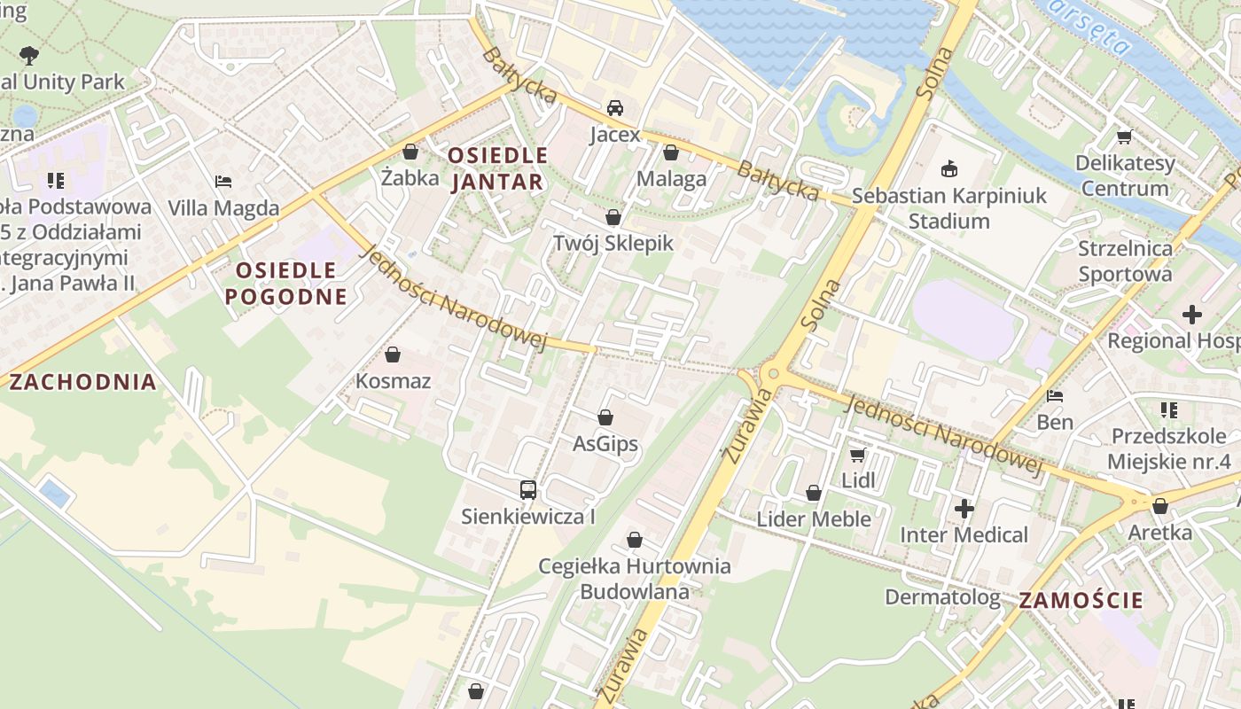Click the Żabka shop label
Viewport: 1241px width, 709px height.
coord(410,177)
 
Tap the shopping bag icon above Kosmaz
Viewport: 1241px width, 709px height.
coord(393,355)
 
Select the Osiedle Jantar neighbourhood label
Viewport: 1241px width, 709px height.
coord(497,169)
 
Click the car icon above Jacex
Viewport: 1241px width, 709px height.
coord(614,108)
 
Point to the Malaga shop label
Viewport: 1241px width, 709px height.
coord(671,179)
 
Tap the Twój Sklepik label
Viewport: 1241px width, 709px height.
coord(613,243)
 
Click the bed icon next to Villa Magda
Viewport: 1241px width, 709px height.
coord(223,182)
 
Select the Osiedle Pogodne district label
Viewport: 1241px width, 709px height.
coord(285,283)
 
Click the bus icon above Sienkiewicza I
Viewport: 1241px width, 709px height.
coord(527,489)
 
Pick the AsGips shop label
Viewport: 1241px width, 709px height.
coord(605,443)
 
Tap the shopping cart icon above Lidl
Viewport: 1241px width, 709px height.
coord(857,455)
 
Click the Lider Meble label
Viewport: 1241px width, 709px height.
coord(813,518)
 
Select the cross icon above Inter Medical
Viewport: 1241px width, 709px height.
coord(964,509)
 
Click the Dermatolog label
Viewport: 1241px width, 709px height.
coord(942,597)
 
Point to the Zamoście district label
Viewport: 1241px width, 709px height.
coord(1081,600)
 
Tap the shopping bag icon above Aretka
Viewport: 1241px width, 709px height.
coord(1159,506)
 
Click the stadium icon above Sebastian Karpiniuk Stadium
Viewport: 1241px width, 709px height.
coord(949,168)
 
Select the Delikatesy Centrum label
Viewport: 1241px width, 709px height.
coord(1124,175)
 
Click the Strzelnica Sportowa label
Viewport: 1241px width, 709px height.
coord(1124,261)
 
